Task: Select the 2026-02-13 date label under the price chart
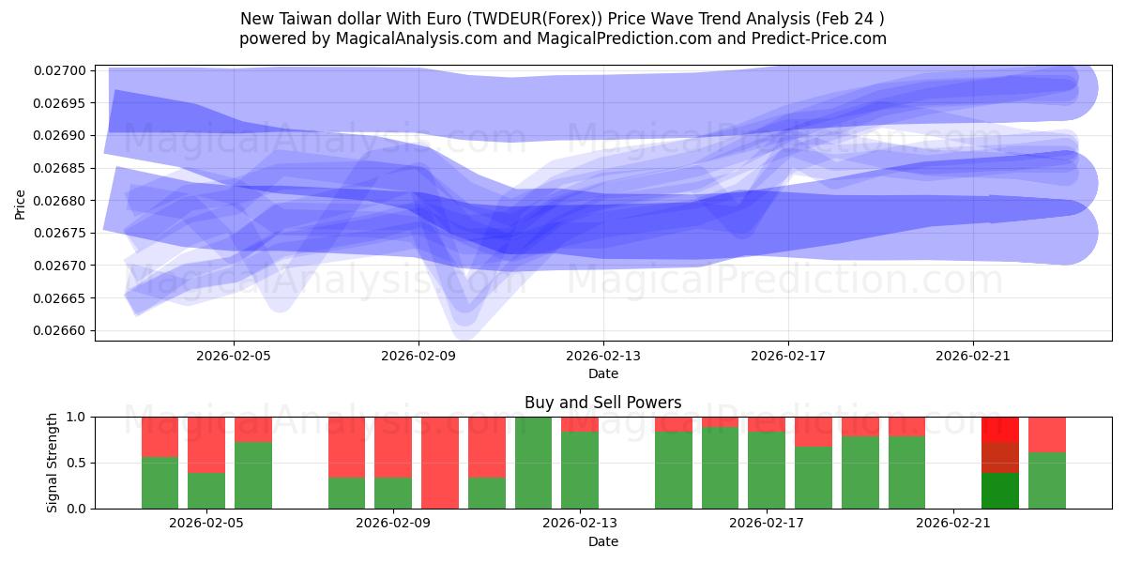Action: pyautogui.click(x=603, y=356)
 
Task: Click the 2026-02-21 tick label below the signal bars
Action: pyautogui.click(x=953, y=523)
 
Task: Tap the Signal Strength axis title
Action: pyautogui.click(x=53, y=462)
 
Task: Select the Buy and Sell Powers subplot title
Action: pyautogui.click(x=602, y=403)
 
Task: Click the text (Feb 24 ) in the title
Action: pyautogui.click(x=850, y=19)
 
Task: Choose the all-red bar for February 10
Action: pyautogui.click(x=439, y=463)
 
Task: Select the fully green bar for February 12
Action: pyautogui.click(x=533, y=463)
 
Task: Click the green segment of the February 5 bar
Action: pyautogui.click(x=252, y=475)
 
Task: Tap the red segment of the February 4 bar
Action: pyautogui.click(x=206, y=445)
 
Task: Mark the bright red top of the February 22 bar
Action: pyautogui.click(x=999, y=429)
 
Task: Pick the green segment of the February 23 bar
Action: pyautogui.click(x=1046, y=480)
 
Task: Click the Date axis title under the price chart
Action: pyautogui.click(x=602, y=373)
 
